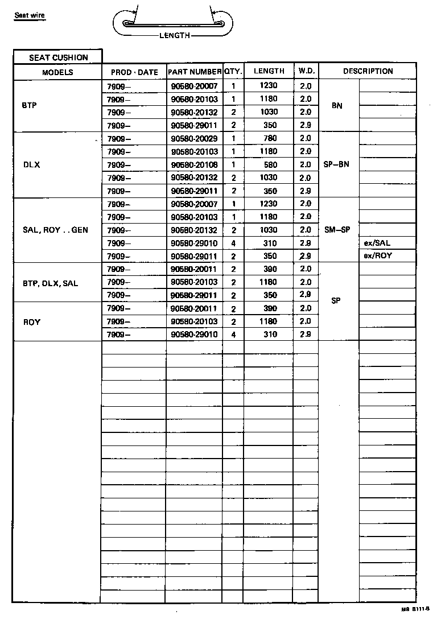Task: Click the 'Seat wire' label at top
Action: coord(30,15)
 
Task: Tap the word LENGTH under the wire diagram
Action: coord(174,35)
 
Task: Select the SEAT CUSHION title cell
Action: coord(59,57)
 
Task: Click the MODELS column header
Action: coord(57,72)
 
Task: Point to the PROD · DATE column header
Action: coord(134,72)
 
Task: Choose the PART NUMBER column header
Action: coord(194,72)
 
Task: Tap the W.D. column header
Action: coord(306,71)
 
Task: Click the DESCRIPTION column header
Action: coord(368,71)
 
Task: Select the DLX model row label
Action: coord(31,164)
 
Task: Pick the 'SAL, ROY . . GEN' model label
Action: coord(55,230)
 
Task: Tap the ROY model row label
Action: coord(32,322)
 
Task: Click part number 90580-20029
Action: coord(194,139)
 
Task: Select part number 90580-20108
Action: coord(194,165)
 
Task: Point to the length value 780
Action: coord(269,138)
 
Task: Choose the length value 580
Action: coord(269,165)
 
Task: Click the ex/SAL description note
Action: coord(377,243)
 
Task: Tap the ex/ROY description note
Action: coord(378,256)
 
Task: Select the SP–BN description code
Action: coord(336,164)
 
